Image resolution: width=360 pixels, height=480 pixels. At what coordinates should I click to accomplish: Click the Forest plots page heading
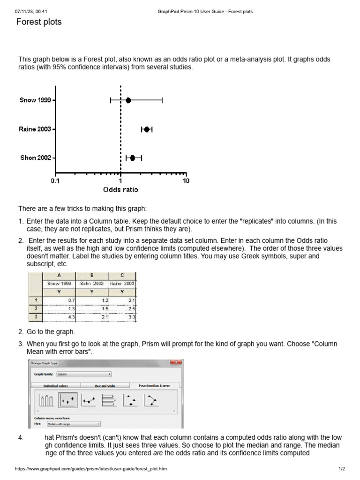pos(39,22)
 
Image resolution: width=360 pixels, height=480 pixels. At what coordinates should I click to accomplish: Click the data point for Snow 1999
pos(128,100)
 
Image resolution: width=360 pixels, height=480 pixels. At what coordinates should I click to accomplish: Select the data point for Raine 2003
pos(147,129)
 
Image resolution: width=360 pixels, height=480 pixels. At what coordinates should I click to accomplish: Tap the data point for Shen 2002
pos(133,158)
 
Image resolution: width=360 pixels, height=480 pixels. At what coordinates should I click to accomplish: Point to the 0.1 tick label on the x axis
pos(55,181)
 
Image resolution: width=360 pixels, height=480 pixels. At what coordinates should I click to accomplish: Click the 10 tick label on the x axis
pos(186,181)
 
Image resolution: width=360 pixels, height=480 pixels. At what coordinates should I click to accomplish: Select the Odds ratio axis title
pos(120,190)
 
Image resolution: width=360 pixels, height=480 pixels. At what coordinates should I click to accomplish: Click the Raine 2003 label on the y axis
pos(35,129)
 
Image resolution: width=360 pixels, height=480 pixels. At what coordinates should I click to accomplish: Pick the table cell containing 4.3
pos(59,317)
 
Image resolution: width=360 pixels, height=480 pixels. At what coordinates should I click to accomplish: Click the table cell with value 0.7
pos(59,300)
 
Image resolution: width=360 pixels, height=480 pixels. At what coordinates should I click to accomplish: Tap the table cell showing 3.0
pos(122,317)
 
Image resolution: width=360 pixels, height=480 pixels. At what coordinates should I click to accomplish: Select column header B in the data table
pos(91,276)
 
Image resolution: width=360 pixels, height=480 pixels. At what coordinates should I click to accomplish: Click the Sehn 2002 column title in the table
pos(91,284)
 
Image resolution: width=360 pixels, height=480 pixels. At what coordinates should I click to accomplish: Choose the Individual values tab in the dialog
pos(56,385)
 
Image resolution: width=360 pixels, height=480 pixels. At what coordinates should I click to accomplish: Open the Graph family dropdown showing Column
pos(83,375)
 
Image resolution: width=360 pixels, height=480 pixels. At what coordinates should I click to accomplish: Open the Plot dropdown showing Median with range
pos(73,424)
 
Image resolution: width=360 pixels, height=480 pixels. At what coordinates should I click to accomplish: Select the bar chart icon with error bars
pos(47,400)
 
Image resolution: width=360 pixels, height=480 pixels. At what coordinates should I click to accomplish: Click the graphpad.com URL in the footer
pos(91,469)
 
